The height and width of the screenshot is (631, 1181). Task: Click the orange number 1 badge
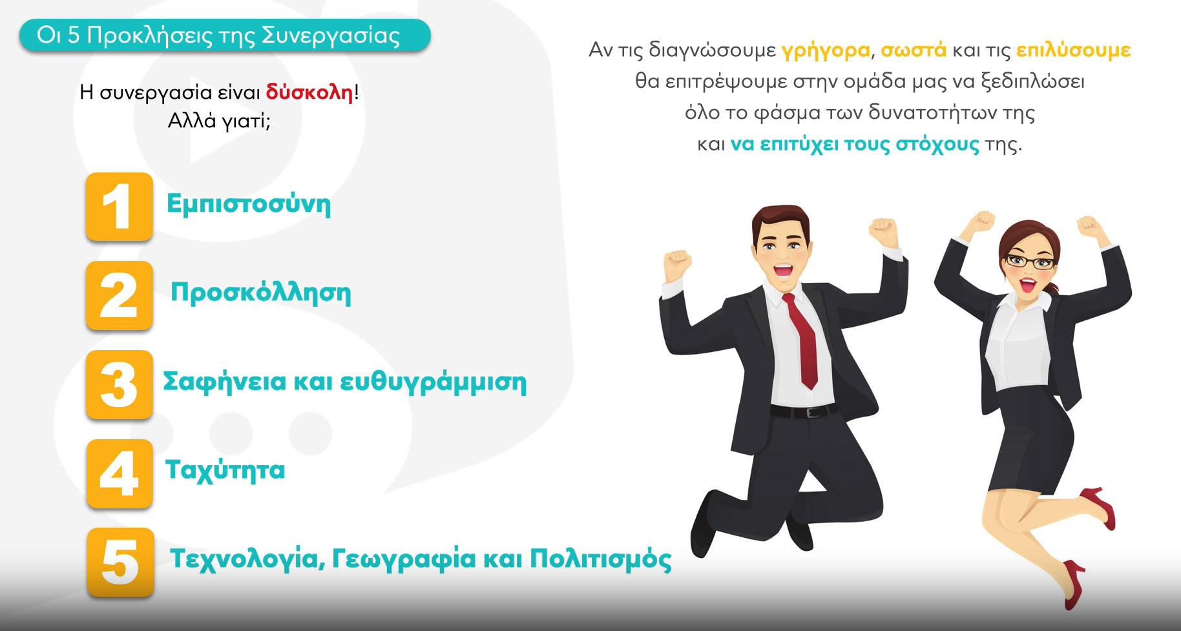119,207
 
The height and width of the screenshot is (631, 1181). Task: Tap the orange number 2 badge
119,296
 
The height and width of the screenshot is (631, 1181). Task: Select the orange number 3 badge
119,385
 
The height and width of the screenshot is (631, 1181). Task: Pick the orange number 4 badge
120,473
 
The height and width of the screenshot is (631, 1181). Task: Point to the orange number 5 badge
120,562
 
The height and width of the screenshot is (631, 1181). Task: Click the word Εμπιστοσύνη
249,204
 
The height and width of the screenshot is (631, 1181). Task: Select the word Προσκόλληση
261,293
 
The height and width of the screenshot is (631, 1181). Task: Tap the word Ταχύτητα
225,470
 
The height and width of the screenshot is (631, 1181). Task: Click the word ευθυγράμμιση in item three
433,382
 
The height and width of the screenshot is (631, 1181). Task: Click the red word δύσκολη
309,92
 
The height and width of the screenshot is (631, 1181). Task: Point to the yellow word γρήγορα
826,51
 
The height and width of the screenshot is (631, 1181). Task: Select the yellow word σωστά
914,50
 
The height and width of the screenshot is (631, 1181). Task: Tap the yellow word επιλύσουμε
1073,50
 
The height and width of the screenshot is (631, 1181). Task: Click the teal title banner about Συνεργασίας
225,36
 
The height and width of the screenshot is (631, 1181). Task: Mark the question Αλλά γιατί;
219,121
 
